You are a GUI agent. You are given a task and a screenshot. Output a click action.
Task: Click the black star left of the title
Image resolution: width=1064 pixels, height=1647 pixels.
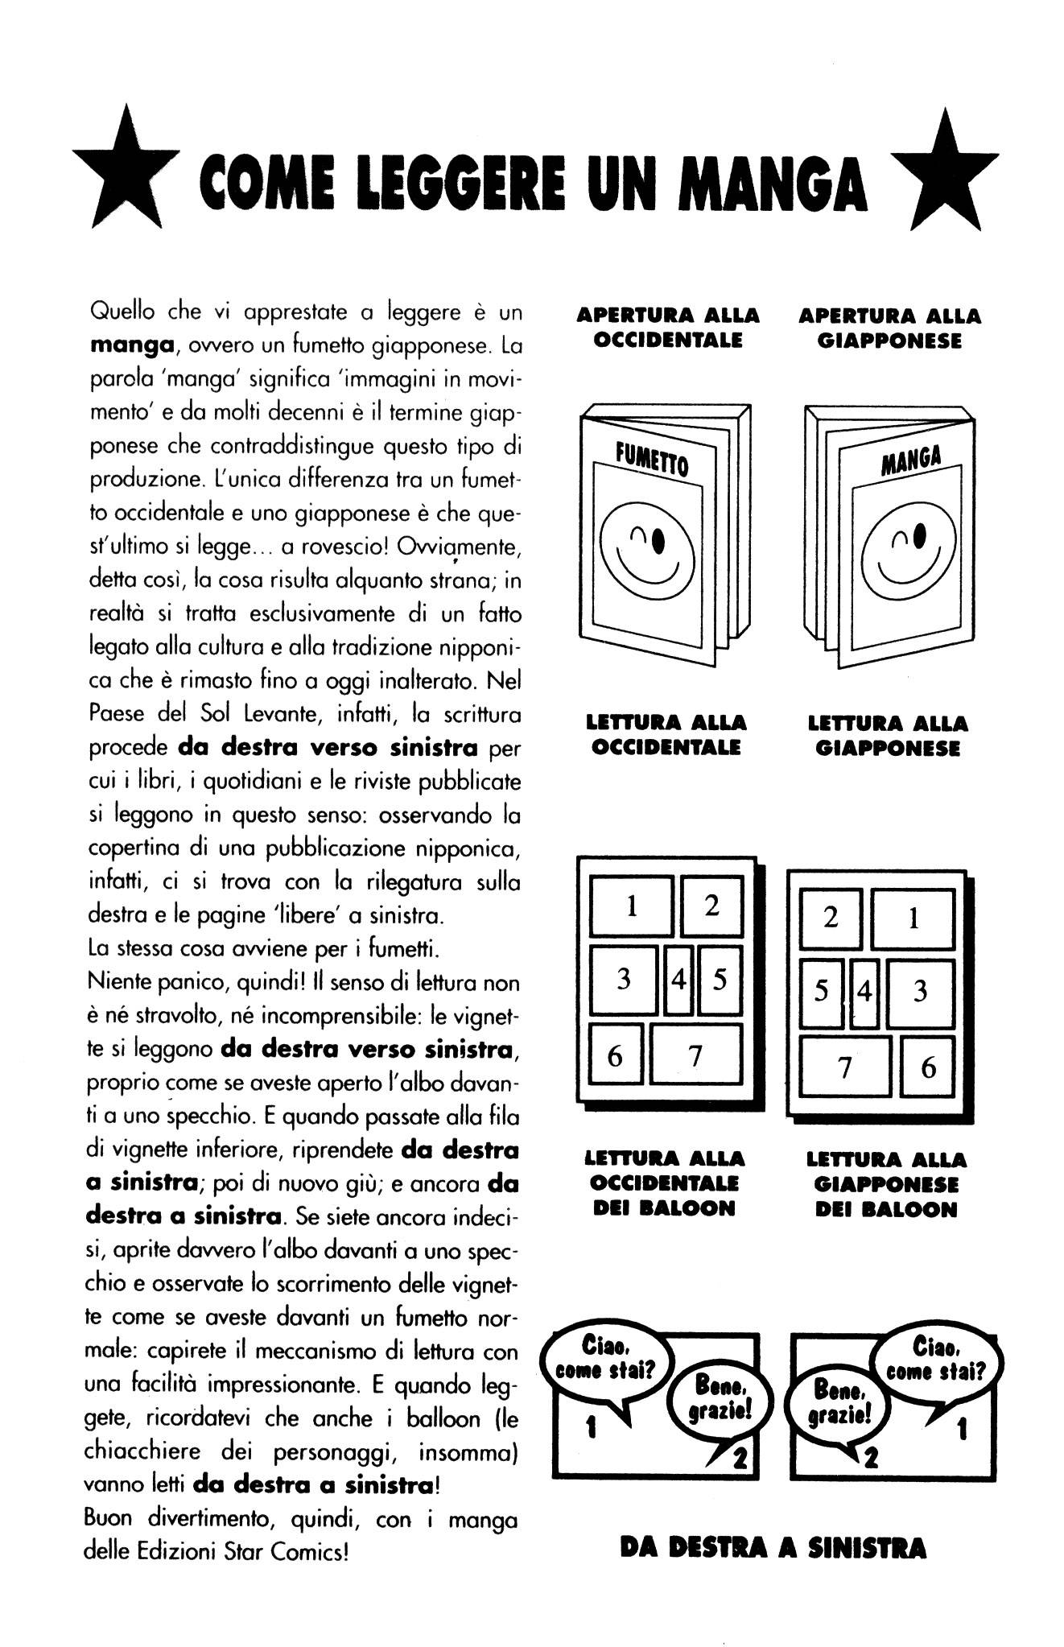126,179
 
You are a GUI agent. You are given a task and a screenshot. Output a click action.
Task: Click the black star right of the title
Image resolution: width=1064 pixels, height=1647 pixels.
946,179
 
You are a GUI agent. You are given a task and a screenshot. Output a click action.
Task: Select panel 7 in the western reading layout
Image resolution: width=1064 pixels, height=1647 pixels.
695,1054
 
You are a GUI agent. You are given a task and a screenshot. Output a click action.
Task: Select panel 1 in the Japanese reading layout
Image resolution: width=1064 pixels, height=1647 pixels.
913,918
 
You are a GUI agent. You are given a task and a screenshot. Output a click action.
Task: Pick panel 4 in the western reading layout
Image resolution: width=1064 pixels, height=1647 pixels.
679,980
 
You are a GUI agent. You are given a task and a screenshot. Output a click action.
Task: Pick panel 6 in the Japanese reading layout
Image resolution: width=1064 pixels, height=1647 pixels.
928,1068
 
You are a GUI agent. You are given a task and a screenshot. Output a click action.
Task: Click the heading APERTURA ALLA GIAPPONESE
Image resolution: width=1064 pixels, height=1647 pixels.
889,328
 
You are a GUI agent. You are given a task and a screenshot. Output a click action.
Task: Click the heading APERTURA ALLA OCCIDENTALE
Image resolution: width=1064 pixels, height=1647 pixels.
667,327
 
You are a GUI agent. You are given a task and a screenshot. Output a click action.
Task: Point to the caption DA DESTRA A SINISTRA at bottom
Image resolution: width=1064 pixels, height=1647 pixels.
773,1548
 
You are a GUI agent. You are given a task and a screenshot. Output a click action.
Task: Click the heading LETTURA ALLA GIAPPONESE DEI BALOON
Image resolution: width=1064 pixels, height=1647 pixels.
885,1184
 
